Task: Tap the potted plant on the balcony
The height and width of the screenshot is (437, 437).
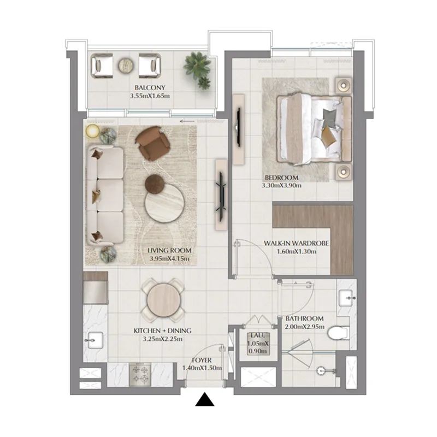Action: [x=197, y=69]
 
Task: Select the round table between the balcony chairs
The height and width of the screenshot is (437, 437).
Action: [x=125, y=65]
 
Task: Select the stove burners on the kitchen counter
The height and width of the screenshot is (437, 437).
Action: [x=140, y=374]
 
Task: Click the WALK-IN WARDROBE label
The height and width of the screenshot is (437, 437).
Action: [x=296, y=244]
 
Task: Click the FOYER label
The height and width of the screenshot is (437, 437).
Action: [x=202, y=361]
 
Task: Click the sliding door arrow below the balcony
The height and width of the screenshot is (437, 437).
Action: [x=187, y=121]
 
